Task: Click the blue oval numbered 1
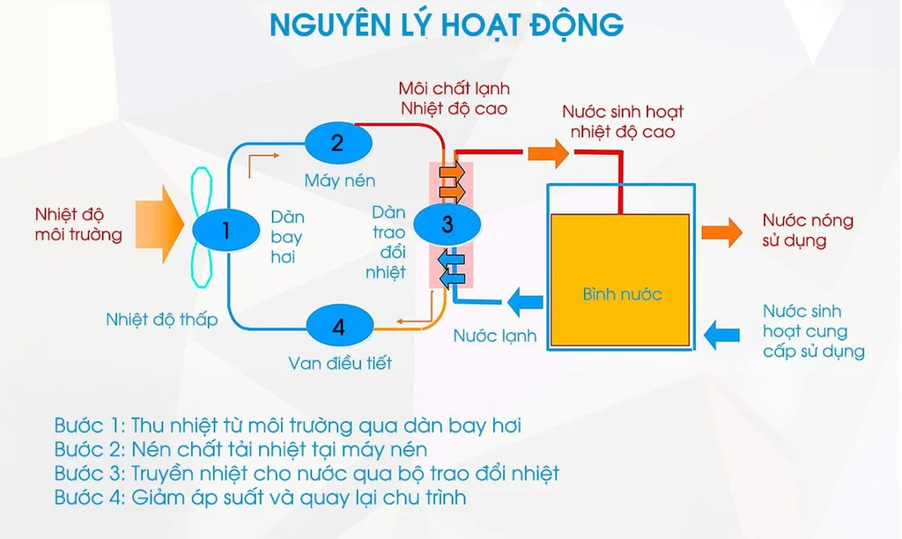pyautogui.click(x=225, y=231)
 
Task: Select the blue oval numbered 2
pyautogui.click(x=337, y=142)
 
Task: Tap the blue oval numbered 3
pyautogui.click(x=447, y=225)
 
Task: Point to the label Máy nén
pyautogui.click(x=340, y=181)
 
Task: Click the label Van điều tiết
pyautogui.click(x=340, y=363)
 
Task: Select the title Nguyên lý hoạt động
pyautogui.click(x=447, y=25)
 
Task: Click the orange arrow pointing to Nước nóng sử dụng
pyautogui.click(x=721, y=232)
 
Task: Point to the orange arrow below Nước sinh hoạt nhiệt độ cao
pyautogui.click(x=548, y=153)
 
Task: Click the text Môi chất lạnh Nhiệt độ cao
pyautogui.click(x=454, y=99)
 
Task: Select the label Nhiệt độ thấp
pyautogui.click(x=161, y=320)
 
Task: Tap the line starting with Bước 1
pyautogui.click(x=287, y=425)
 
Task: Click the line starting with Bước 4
pyautogui.click(x=260, y=498)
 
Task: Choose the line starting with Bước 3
pyautogui.click(x=307, y=474)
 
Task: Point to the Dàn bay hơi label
pyautogui.click(x=286, y=237)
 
